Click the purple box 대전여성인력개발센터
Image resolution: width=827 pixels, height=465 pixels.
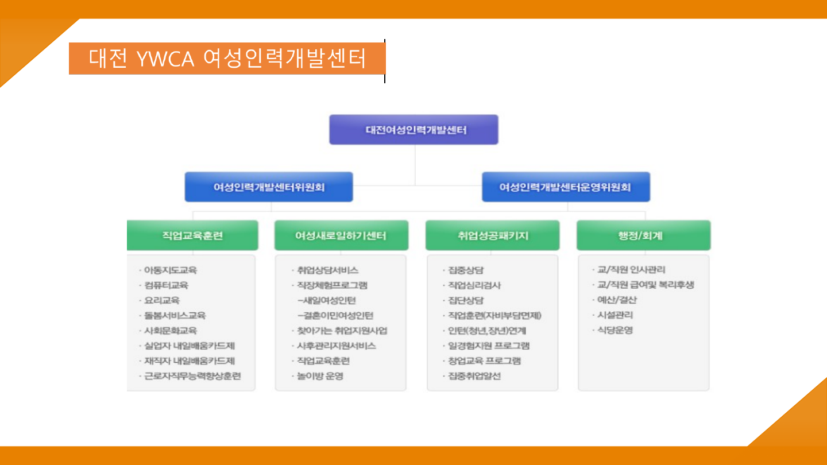point(413,130)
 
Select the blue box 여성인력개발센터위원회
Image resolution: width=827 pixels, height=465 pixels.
point(269,187)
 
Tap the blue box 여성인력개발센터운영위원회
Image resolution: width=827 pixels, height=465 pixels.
point(566,187)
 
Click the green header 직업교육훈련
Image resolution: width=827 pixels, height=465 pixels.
point(192,235)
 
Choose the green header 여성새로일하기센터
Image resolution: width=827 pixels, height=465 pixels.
point(341,235)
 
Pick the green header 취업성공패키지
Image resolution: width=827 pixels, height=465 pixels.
point(492,235)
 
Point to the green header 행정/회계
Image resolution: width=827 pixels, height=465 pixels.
point(643,235)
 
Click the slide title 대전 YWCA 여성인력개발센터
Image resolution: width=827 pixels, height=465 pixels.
point(227,59)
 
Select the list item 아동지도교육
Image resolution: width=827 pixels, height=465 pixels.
point(171,270)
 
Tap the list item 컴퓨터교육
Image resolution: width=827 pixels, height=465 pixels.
point(167,285)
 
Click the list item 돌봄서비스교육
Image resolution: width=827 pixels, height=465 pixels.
point(175,315)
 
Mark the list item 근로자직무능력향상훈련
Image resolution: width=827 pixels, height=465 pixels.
point(192,377)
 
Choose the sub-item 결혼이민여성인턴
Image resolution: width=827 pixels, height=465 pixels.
point(336,315)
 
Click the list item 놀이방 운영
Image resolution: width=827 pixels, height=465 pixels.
point(320,377)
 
